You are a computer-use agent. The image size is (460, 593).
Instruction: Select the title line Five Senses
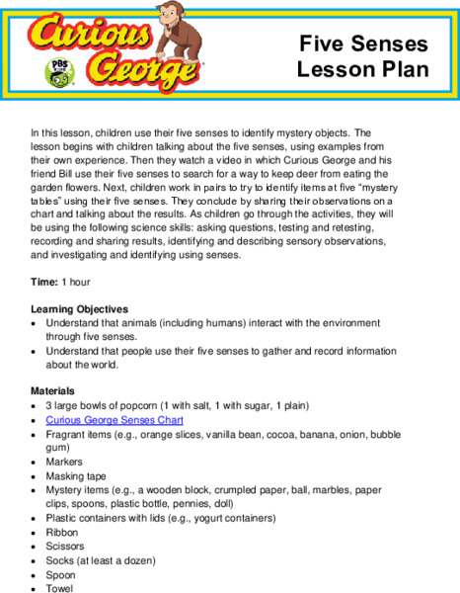pyautogui.click(x=364, y=43)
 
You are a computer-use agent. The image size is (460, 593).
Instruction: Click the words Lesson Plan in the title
pyautogui.click(x=363, y=69)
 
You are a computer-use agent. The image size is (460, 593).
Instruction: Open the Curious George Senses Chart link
pyautogui.click(x=114, y=420)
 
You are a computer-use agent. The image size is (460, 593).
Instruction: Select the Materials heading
pyautogui.click(x=53, y=390)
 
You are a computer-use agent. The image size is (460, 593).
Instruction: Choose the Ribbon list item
pyautogui.click(x=61, y=532)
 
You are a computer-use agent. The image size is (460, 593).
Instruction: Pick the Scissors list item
pyautogui.click(x=65, y=546)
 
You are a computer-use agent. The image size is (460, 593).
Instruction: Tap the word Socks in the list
pyautogui.click(x=59, y=560)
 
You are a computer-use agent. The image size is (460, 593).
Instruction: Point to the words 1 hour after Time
pyautogui.click(x=75, y=283)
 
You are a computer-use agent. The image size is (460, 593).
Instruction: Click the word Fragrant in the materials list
pyautogui.click(x=66, y=434)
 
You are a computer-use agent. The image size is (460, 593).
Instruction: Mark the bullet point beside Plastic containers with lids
pyautogui.click(x=35, y=518)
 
